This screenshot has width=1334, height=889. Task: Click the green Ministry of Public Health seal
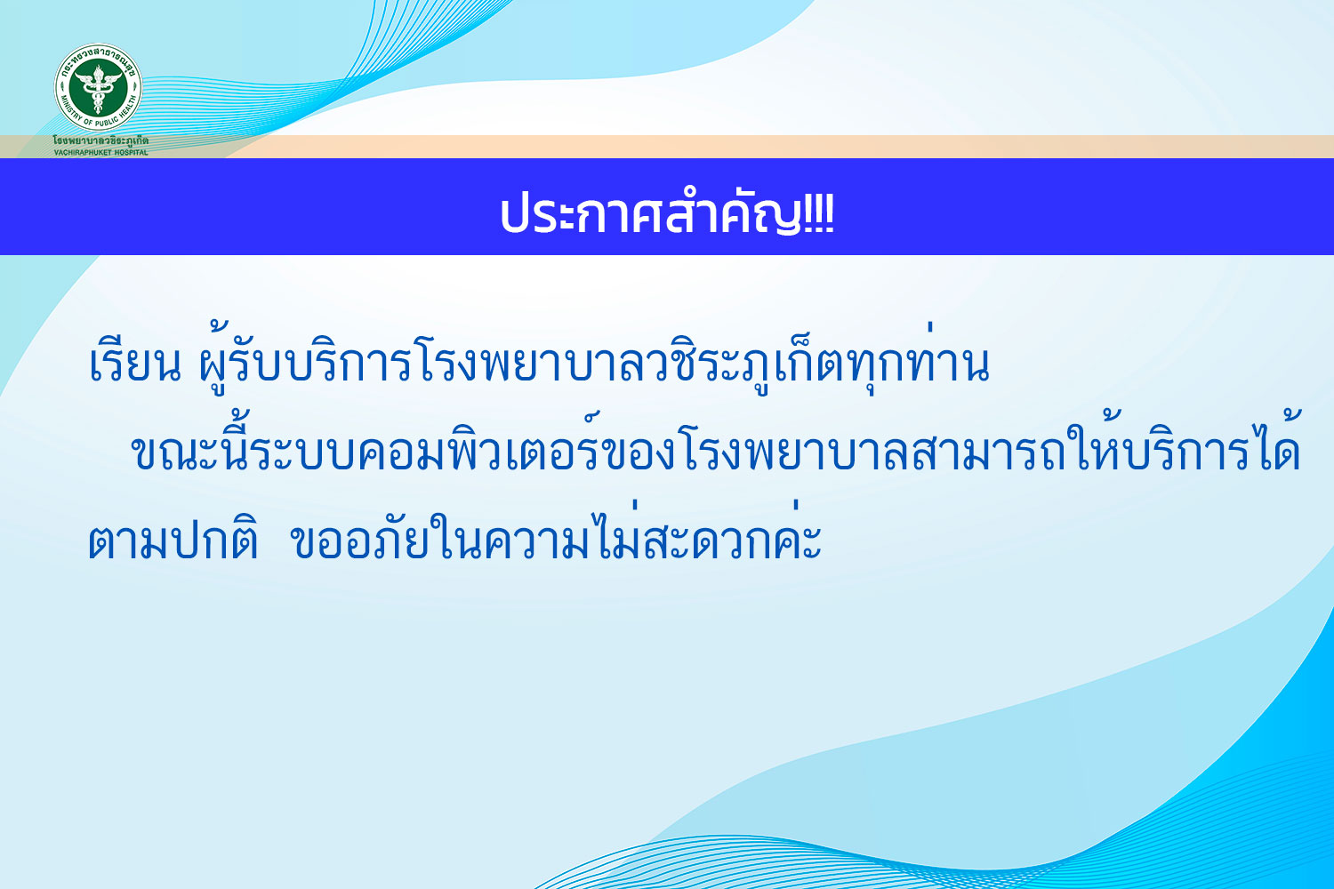pyautogui.click(x=98, y=87)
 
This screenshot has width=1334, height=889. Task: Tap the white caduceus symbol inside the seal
pyautogui.click(x=98, y=87)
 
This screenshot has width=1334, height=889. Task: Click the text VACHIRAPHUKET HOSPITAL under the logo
pyautogui.click(x=101, y=152)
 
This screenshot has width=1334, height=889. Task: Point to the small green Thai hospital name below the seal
pyautogui.click(x=100, y=141)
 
